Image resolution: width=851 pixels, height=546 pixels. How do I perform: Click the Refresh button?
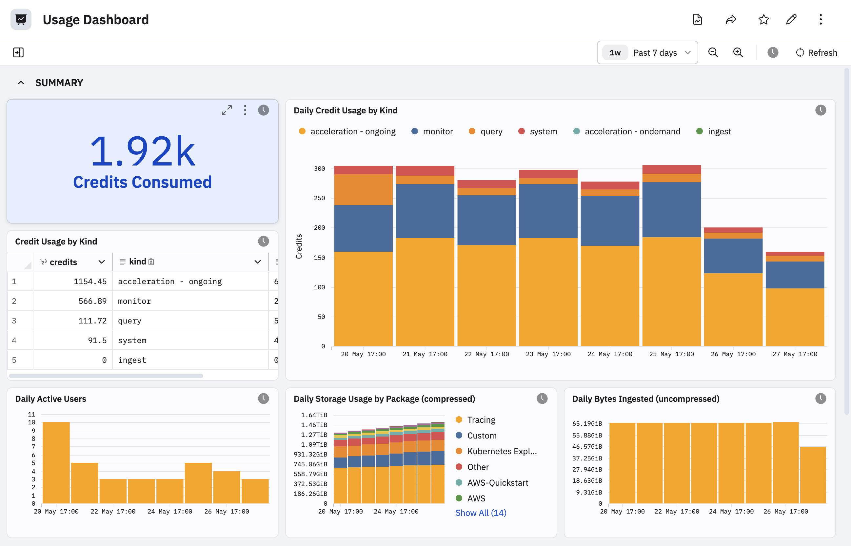click(816, 52)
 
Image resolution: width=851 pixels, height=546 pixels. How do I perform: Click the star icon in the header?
click(763, 20)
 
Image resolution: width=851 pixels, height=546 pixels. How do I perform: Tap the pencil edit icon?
click(791, 20)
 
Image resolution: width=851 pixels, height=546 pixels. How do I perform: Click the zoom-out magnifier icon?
click(713, 52)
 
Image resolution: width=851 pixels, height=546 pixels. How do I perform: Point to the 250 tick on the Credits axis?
click(319, 198)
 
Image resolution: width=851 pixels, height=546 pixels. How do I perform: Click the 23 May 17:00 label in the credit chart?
click(548, 354)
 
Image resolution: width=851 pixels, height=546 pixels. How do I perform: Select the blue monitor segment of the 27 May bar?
click(795, 275)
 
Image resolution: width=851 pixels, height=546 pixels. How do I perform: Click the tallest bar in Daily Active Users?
click(56, 463)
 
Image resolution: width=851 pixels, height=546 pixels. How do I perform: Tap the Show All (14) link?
click(481, 513)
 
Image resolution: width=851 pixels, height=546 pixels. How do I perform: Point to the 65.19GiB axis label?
click(587, 424)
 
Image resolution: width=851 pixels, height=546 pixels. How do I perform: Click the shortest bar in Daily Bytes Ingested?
click(813, 475)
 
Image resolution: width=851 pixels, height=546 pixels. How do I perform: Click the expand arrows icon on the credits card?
click(227, 110)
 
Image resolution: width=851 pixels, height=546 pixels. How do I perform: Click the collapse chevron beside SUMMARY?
click(21, 83)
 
